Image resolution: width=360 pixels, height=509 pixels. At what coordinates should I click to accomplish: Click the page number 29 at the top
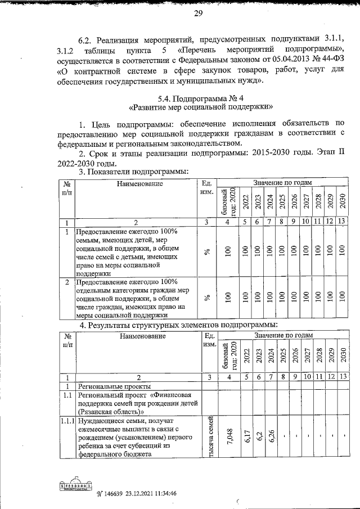[x=199, y=14]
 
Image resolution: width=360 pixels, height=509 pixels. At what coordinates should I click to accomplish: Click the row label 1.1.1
[x=66, y=421]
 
